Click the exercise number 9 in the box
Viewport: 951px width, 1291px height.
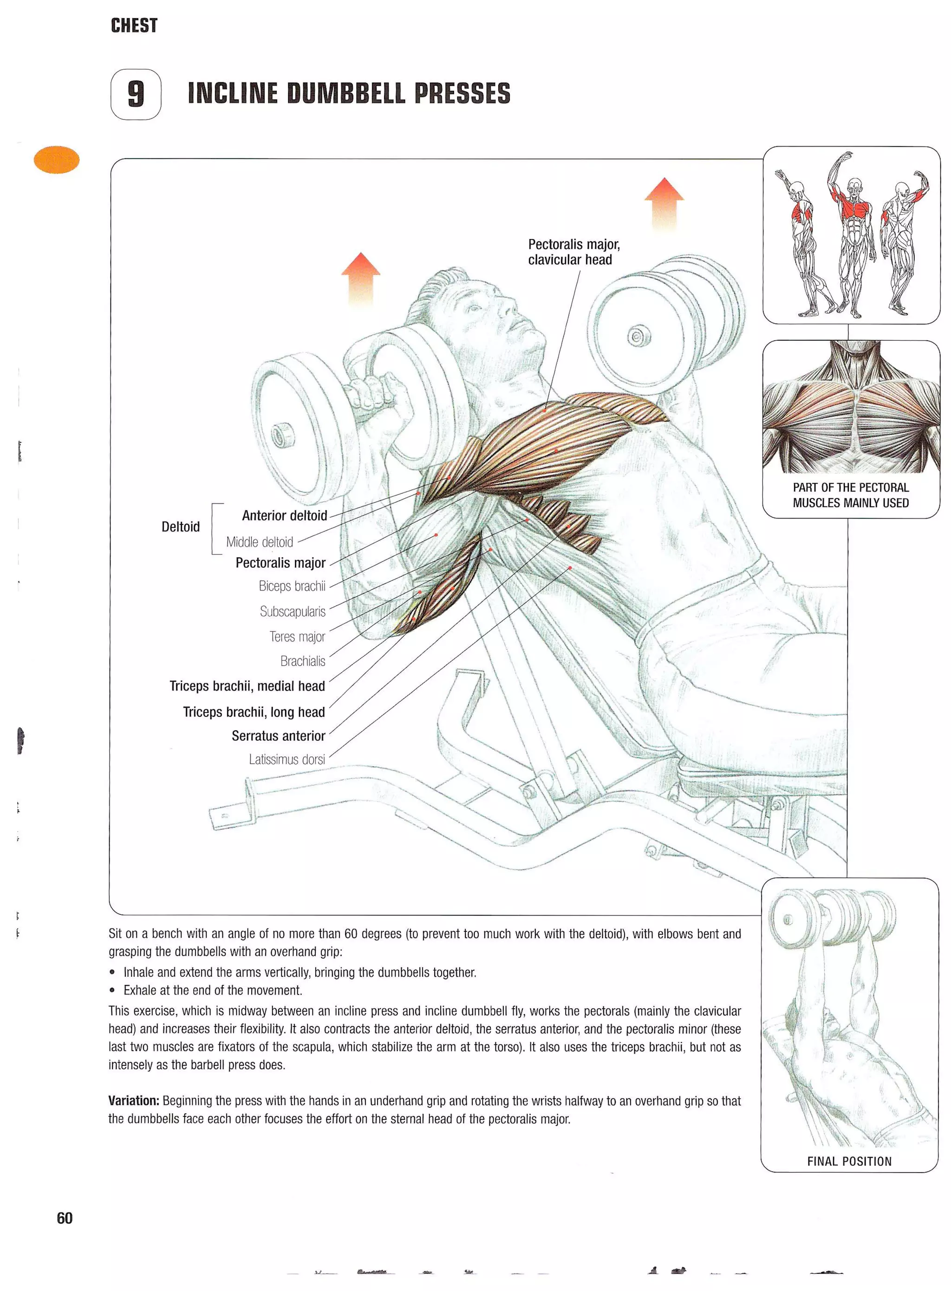click(136, 94)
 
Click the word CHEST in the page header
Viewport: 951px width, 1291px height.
click(134, 26)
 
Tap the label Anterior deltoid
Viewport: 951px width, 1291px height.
click(284, 515)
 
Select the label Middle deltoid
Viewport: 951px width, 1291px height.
click(260, 542)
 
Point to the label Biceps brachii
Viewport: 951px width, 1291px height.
click(292, 586)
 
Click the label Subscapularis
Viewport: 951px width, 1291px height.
click(293, 611)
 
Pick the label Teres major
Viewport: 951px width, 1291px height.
click(297, 636)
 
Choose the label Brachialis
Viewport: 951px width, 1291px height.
click(302, 661)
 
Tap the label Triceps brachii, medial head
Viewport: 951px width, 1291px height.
click(247, 686)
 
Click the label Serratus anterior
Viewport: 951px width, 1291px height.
click(278, 736)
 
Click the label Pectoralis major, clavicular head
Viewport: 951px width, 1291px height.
click(573, 252)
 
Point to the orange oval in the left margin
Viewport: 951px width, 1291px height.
click(57, 160)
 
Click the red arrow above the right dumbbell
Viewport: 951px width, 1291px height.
click(664, 202)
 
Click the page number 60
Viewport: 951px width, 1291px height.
click(65, 1218)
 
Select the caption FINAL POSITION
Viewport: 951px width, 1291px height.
click(849, 1161)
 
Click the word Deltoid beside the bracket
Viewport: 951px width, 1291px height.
click(180, 526)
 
